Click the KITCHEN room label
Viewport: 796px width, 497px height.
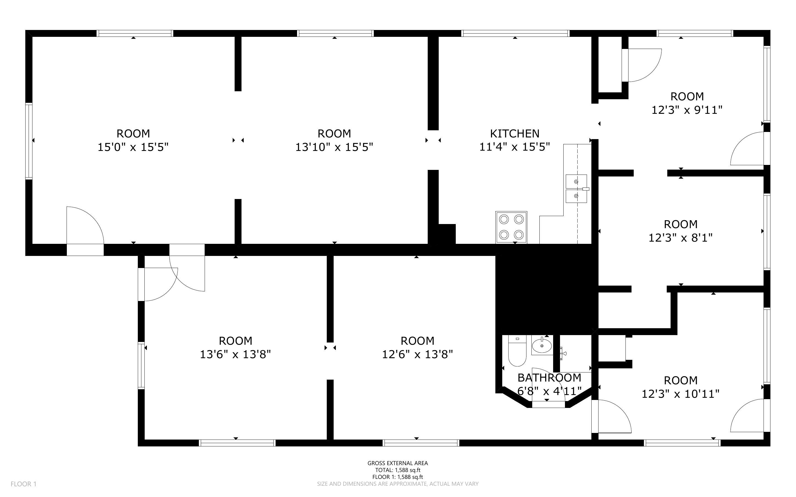[515, 133]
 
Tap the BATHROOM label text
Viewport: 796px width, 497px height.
[549, 378]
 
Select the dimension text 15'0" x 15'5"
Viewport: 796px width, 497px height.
[133, 147]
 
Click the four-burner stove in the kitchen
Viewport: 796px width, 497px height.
[511, 227]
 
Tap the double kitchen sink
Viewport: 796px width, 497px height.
[576, 189]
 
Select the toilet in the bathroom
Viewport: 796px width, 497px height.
[517, 350]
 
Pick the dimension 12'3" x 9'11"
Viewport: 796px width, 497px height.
[687, 110]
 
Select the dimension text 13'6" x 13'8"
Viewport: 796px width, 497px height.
[235, 354]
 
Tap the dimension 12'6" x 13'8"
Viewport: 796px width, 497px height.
[417, 354]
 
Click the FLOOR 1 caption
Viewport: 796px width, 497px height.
[24, 484]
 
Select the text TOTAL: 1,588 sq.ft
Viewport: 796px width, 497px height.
[397, 470]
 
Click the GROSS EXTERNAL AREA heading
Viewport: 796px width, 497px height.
[397, 463]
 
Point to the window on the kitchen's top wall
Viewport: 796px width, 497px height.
[515, 33]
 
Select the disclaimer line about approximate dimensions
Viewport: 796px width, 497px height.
[397, 484]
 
